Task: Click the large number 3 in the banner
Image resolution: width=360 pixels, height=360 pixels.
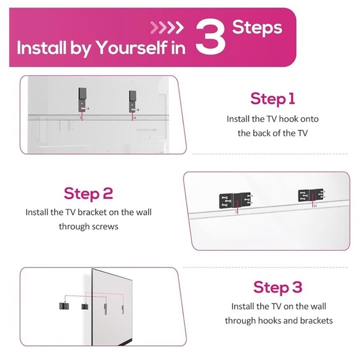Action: click(210, 37)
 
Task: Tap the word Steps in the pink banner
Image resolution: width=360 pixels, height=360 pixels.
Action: click(257, 27)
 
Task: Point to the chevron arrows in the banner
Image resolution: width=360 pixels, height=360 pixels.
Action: click(167, 27)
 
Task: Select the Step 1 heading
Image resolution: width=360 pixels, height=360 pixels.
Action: click(272, 99)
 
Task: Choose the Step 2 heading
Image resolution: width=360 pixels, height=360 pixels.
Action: click(88, 194)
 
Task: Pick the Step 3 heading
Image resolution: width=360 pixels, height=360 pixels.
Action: click(278, 287)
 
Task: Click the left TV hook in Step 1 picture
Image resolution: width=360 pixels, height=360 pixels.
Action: click(83, 100)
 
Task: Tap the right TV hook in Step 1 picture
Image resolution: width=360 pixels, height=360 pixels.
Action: click(133, 101)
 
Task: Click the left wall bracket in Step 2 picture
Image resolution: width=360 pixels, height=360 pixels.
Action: click(235, 200)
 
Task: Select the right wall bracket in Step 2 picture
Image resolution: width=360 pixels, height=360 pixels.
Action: click(312, 195)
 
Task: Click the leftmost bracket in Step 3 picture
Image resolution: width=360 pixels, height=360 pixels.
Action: click(64, 306)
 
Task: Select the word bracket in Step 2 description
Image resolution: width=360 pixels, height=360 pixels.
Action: click(92, 212)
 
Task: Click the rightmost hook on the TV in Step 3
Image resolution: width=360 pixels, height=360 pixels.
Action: click(123, 310)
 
